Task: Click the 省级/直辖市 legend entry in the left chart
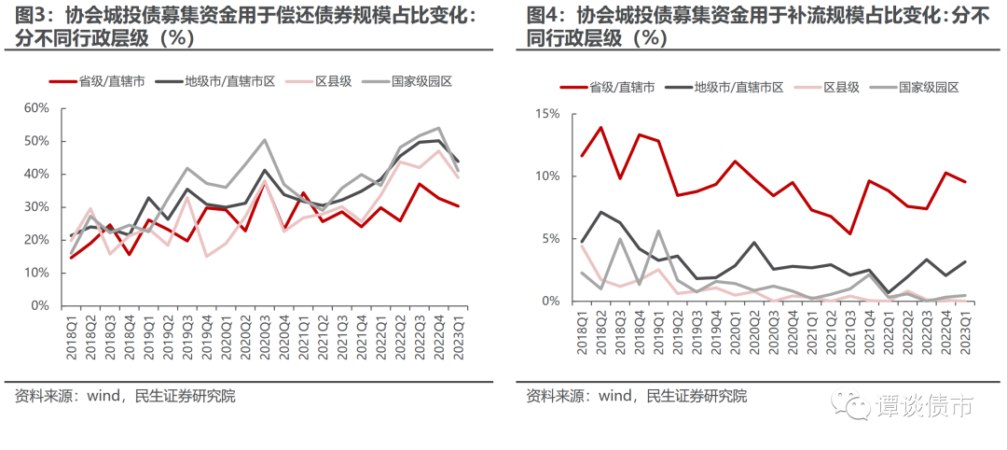coord(97,81)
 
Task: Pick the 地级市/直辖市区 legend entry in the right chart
coord(725,88)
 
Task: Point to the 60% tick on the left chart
coord(36,108)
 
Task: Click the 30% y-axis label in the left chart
coord(36,207)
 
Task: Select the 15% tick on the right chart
coord(547,114)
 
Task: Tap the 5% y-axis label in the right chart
coord(551,239)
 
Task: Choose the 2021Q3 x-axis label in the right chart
coord(849,330)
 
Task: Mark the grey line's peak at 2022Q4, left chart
coord(438,128)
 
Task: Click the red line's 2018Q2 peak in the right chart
coord(600,127)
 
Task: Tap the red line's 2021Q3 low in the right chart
coord(849,233)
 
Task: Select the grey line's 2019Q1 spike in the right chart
coord(657,231)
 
